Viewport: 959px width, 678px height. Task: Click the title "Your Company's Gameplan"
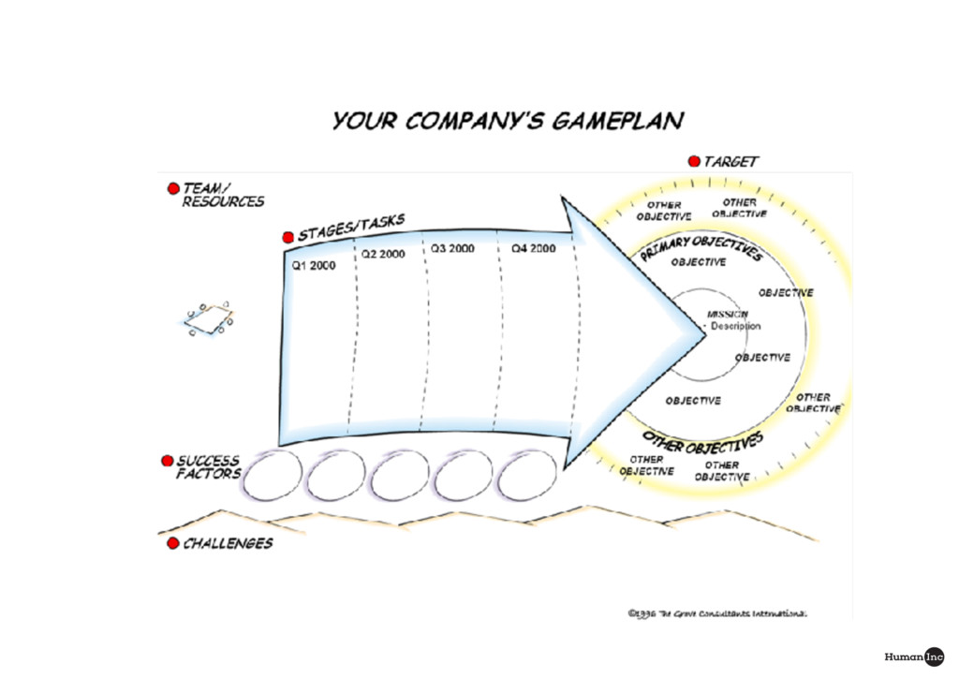point(507,122)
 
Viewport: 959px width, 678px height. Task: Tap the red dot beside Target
point(694,161)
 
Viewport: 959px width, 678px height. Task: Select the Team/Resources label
point(223,195)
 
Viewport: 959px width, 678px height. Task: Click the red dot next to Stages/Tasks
point(289,237)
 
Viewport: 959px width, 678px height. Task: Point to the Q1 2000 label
point(314,265)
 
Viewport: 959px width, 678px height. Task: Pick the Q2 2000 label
point(383,254)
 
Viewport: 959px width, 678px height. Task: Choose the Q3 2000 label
point(452,249)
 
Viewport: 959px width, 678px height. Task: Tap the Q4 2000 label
point(534,249)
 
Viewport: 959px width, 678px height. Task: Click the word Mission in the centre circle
point(727,315)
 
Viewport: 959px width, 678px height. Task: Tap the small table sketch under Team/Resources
point(209,319)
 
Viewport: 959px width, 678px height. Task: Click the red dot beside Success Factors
point(168,461)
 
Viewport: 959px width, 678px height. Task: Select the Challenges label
point(228,543)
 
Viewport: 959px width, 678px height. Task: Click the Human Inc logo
point(914,656)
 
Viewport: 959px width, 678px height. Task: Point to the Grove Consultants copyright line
point(717,614)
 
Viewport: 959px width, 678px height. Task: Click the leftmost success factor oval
point(273,476)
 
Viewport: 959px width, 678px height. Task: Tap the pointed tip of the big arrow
point(703,328)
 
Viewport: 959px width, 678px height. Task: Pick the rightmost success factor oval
point(527,476)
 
